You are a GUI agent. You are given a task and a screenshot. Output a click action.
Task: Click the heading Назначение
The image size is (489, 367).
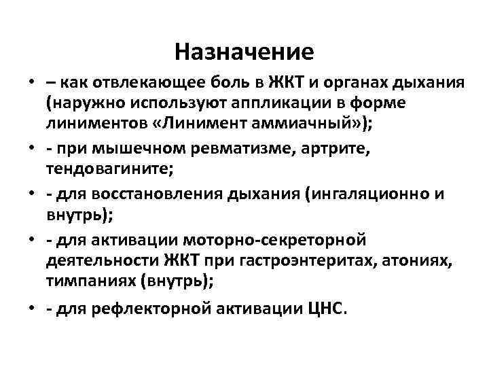click(244, 50)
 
